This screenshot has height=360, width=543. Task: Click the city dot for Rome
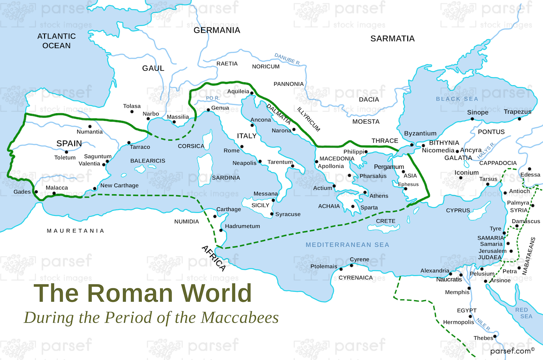242,147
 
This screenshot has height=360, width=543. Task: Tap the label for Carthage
228,209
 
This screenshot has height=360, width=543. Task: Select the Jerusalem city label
493,251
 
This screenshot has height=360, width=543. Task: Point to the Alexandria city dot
451,274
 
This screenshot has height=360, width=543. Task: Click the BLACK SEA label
457,99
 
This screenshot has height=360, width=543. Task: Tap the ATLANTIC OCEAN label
56,41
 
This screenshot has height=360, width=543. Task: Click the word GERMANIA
217,30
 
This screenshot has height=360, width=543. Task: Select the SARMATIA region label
392,39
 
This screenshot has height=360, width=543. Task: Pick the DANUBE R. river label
287,59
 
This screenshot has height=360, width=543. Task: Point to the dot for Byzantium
411,145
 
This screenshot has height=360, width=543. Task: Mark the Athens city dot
365,193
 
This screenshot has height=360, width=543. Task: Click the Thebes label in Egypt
483,338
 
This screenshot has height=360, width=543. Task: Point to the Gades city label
22,192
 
